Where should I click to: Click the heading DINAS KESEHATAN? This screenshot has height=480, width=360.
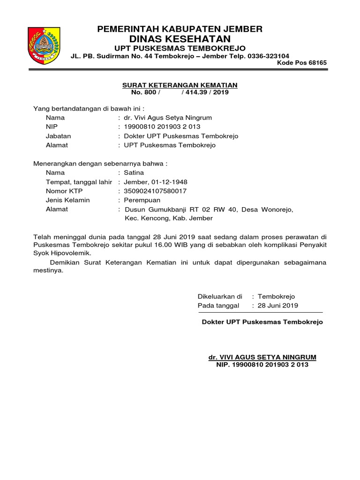[180, 38]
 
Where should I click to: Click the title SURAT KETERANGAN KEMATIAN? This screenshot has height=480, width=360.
[180, 85]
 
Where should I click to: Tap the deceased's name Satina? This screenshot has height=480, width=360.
[134, 172]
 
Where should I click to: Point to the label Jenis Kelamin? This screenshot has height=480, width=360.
[68, 200]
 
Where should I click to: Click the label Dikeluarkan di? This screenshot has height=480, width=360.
[220, 296]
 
